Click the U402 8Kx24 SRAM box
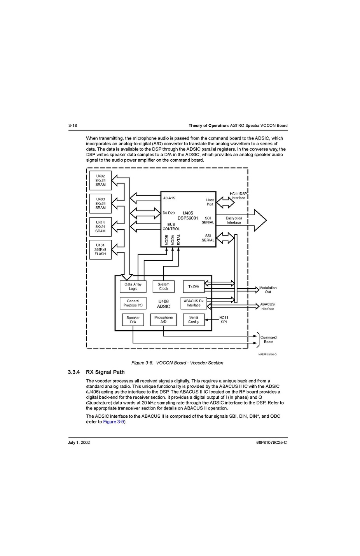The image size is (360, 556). point(100,180)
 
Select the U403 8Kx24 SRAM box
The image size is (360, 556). point(100,204)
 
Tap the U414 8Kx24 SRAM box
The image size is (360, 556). point(100,227)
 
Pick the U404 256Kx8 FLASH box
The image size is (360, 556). point(100,249)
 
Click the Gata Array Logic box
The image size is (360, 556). point(133,286)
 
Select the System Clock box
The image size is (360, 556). point(163,286)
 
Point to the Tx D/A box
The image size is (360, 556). point(194,287)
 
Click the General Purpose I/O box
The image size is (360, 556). point(133,303)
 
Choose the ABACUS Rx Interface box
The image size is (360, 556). point(194,303)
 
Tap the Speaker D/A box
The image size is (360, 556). point(133,320)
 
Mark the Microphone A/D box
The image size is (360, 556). point(163,319)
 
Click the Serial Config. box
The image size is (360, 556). point(194,319)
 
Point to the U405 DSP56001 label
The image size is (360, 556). point(188,216)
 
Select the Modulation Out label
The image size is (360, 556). point(268,290)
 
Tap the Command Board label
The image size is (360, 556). point(268,340)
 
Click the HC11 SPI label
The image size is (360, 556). point(224,320)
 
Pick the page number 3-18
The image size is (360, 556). point(73,125)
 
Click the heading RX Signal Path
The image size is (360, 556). point(105,372)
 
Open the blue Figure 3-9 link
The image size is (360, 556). point(114,422)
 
